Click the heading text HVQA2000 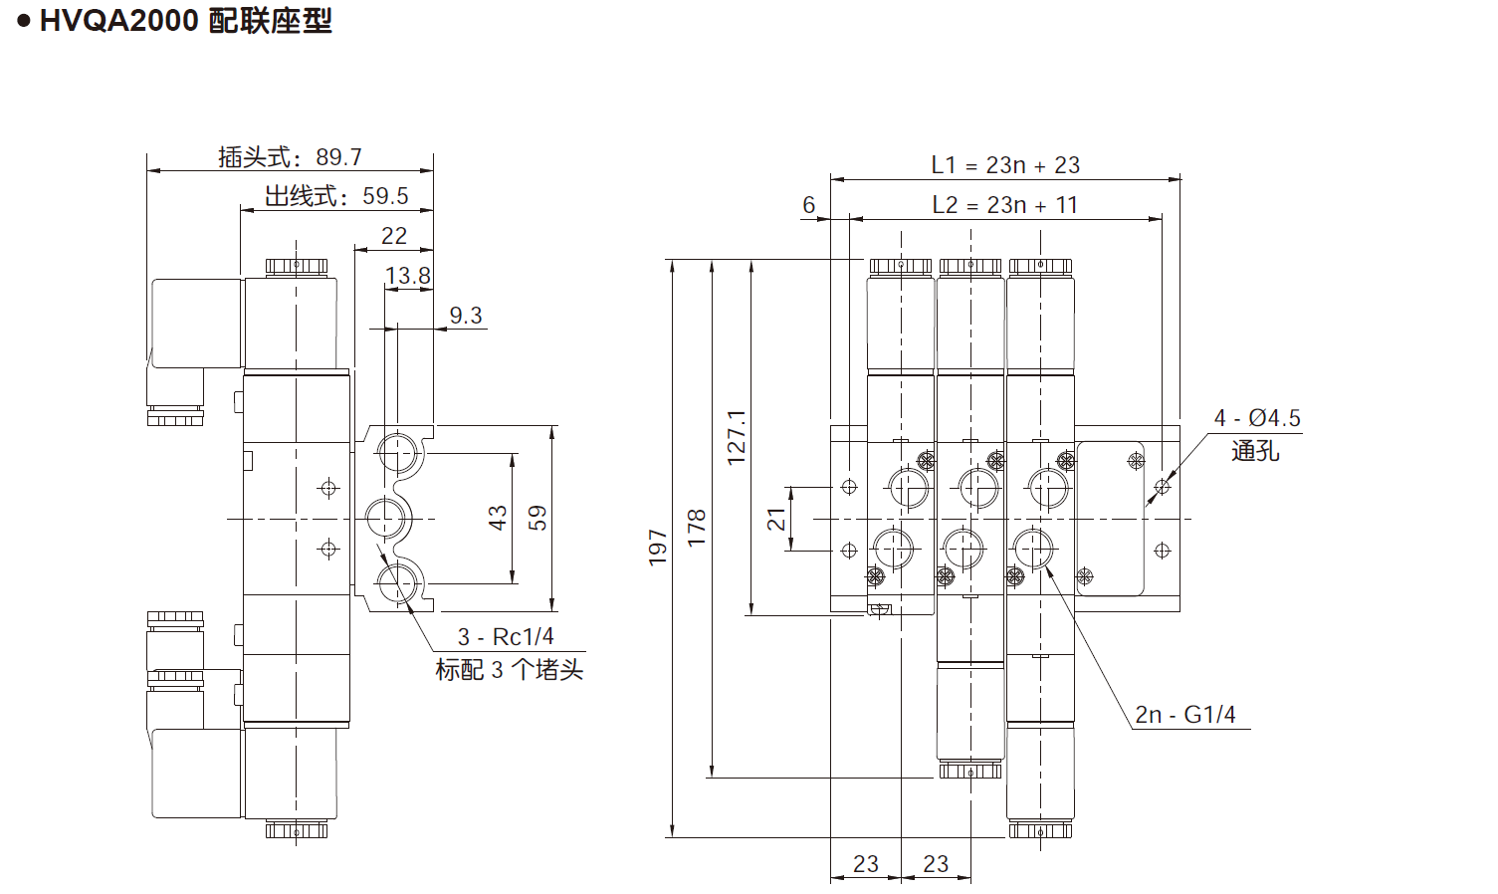119,20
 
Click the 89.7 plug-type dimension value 338,157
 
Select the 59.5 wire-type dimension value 385,196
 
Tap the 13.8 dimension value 408,276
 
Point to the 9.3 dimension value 465,316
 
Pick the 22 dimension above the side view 394,236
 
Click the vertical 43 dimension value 498,518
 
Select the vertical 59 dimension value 537,518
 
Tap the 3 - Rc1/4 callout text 506,637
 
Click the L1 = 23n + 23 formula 1005,165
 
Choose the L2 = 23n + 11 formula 1005,205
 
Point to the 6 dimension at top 809,205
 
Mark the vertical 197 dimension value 658,548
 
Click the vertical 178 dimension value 697,528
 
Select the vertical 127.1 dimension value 737,437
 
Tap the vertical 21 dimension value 776,519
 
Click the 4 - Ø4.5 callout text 1257,418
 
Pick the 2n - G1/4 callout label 1185,715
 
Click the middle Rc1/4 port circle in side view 387,518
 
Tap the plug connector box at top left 197,324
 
